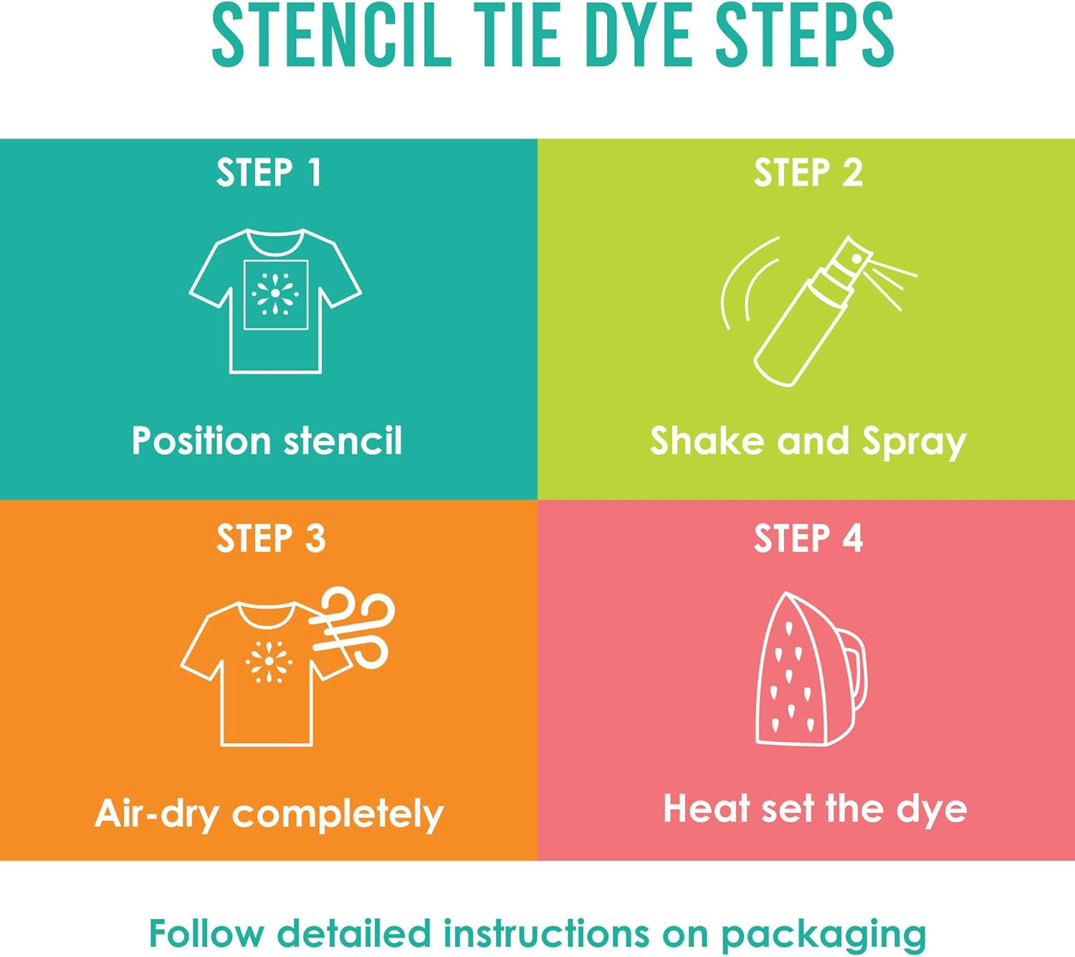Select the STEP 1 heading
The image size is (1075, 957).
tap(269, 173)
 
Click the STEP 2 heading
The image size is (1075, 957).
tap(808, 173)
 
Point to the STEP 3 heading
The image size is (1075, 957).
tap(270, 539)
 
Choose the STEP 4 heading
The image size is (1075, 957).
tap(808, 539)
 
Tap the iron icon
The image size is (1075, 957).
tap(803, 670)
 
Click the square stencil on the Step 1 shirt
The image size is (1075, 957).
tap(276, 295)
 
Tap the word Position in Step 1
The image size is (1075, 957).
tap(201, 440)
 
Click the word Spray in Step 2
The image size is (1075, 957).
tap(914, 442)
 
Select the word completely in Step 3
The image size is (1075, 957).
tap(338, 815)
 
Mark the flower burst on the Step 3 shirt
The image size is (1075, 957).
tap(269, 662)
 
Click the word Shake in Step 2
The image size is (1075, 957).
tap(707, 440)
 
